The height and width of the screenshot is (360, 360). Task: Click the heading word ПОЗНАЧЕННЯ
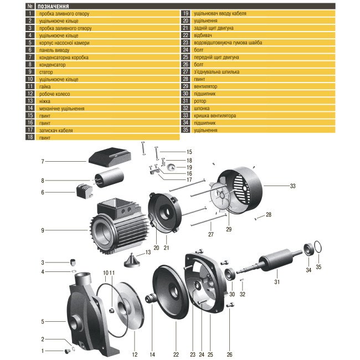[53, 6]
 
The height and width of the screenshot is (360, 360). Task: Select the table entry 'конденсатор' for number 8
[52, 64]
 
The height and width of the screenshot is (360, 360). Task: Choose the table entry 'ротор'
[200, 101]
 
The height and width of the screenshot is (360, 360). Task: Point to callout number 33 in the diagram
[293, 187]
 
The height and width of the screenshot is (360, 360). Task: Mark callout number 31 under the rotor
[277, 282]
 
